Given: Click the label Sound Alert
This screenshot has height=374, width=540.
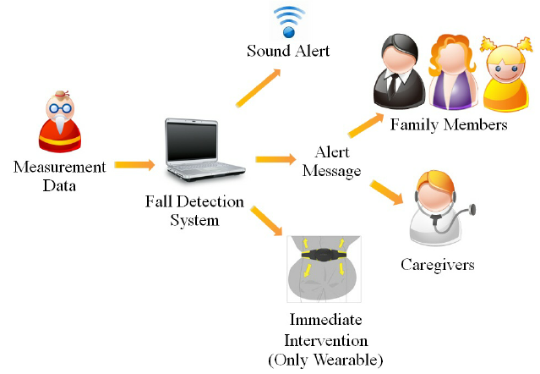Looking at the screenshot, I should coord(288,52).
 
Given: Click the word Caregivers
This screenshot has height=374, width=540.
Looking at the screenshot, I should coord(437,265).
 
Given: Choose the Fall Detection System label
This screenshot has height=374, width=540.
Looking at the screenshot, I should coord(194,212).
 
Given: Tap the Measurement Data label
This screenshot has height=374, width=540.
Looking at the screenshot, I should coord(59,175).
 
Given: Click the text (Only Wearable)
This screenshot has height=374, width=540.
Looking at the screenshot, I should coord(325,359).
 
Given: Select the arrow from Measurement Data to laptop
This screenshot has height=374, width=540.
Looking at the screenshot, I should coord(134,164).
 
